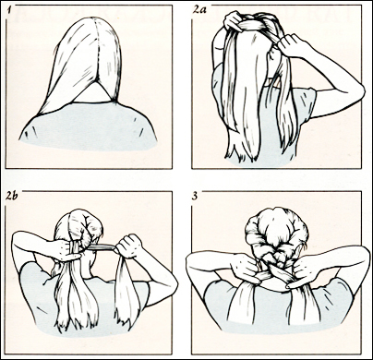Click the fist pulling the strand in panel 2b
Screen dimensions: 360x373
(x=128, y=246)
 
